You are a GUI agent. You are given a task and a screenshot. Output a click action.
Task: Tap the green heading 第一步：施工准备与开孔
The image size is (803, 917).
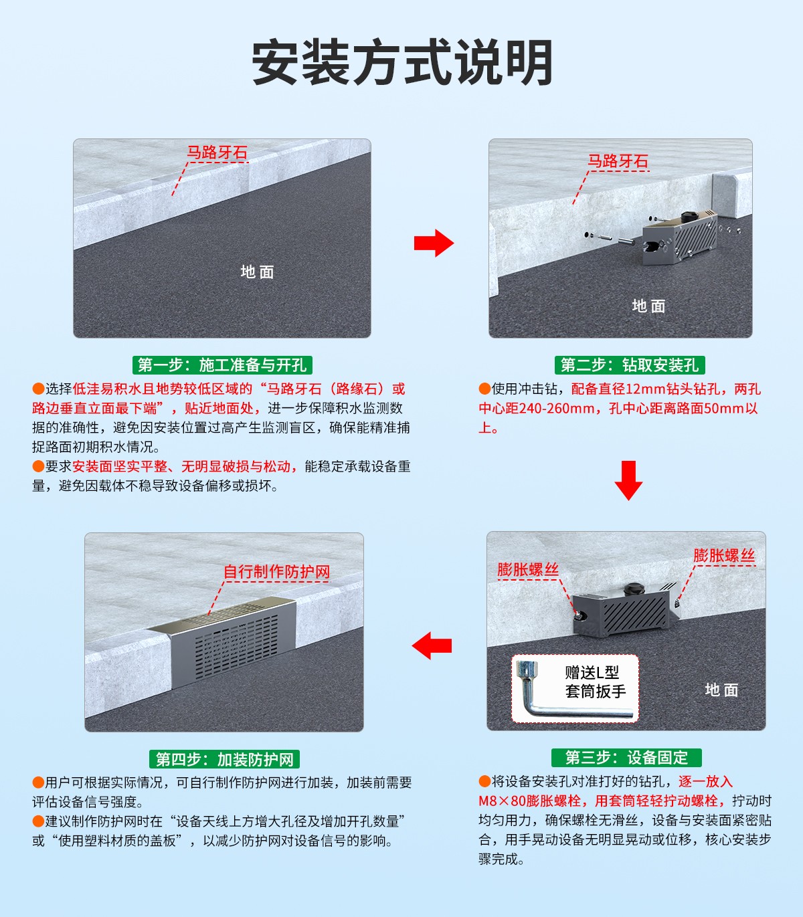coord(222,365)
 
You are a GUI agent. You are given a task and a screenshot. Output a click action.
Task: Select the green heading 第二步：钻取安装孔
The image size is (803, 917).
coord(630,365)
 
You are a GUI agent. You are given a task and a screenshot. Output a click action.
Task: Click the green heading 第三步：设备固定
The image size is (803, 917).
coord(626,757)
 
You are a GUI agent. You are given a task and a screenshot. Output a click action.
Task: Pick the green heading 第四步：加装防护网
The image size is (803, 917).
coord(224,759)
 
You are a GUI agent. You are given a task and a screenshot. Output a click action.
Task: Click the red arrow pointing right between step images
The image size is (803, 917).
coord(434,243)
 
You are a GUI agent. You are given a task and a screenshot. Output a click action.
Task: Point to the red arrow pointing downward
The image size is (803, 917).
coord(628,480)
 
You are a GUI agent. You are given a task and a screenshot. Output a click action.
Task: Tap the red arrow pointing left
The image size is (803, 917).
coord(432,645)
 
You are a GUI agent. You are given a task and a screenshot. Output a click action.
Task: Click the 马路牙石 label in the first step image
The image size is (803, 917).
coord(217,152)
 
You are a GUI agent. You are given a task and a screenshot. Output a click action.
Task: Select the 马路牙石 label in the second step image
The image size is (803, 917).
coord(618,161)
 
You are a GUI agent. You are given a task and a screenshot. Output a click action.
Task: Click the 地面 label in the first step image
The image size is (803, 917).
coord(258,272)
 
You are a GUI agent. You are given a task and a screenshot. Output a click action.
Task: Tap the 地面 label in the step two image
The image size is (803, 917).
coord(648,306)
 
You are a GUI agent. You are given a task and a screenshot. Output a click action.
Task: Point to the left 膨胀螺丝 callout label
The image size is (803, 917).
coord(528,570)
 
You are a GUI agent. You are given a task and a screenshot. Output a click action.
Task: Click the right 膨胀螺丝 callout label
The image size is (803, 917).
coord(724,555)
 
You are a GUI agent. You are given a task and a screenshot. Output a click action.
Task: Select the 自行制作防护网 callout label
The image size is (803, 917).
coord(276,572)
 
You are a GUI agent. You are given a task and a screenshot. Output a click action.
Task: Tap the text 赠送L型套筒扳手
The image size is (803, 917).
coord(595,682)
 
